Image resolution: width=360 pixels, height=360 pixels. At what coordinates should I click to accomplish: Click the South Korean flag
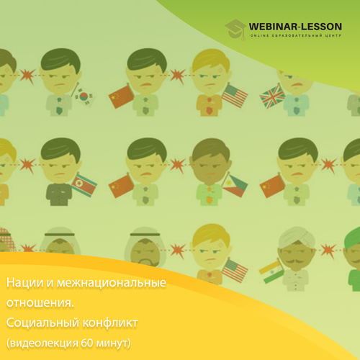point(84,96)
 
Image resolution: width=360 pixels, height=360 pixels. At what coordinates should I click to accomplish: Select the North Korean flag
point(84,185)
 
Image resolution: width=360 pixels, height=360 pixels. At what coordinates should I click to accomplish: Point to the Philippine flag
point(235,185)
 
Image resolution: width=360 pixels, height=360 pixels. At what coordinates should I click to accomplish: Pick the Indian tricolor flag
point(271,272)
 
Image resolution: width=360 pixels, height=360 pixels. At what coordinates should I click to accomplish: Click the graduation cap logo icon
point(235,30)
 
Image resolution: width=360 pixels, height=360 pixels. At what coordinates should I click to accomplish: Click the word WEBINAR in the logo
point(273,27)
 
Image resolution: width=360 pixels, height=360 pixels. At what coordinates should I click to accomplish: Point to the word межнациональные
point(112,283)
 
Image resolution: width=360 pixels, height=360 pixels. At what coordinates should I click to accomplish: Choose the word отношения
point(40,303)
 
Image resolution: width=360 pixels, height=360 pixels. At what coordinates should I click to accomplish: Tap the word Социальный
point(42,323)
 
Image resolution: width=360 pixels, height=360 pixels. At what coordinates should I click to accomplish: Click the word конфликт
point(110,323)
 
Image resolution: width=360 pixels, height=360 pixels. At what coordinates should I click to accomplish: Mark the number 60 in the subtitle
point(87,343)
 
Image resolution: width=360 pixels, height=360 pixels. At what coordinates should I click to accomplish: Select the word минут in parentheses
point(113,343)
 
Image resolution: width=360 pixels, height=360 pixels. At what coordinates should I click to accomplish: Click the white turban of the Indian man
point(297,235)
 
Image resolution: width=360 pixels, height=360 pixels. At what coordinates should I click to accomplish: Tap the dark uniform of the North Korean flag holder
point(59,194)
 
